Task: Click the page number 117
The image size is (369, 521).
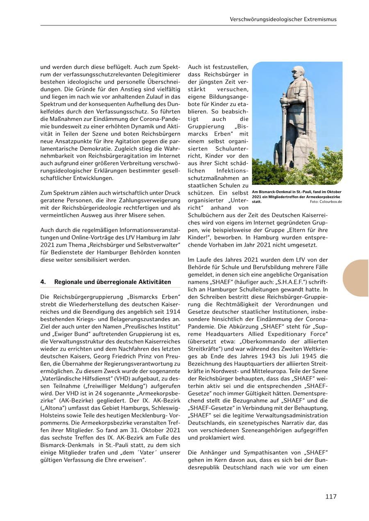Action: pos(331,496)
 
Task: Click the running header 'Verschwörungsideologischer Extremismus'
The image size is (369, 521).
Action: pos(283,19)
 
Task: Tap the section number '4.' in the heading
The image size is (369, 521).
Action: pos(43,282)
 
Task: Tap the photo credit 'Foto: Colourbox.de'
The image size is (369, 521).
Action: pos(326,202)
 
